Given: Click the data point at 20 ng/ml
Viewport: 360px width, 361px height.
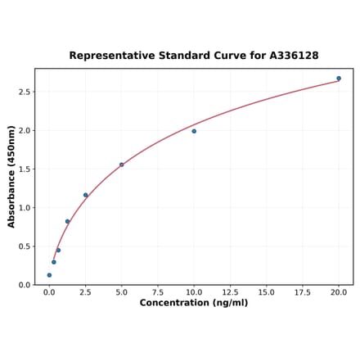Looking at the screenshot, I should (339, 79).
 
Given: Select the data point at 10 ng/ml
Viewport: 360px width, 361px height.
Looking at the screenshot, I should (194, 131).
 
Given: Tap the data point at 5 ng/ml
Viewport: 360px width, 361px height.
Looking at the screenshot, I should (122, 165).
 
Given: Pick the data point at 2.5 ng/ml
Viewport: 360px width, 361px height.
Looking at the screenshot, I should (85, 195).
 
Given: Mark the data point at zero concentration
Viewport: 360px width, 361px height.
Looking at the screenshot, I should (49, 275).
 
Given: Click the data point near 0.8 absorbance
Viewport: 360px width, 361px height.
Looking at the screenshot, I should (67, 221).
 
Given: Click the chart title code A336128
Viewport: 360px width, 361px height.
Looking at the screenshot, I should (291, 56).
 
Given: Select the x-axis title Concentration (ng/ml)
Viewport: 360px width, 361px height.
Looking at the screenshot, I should (194, 303).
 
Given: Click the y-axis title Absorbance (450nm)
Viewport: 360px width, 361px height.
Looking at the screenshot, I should (11, 177).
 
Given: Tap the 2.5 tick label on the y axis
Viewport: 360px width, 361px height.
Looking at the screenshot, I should (25, 92).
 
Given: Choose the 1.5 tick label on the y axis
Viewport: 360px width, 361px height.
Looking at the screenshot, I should (25, 169).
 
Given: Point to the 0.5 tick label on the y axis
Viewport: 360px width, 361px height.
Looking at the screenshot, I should (25, 246).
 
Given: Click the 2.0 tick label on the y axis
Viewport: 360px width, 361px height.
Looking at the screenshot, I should (25, 131).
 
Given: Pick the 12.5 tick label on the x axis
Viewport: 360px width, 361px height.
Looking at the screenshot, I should (230, 291).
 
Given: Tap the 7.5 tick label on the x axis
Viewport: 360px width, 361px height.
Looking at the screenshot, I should (158, 291).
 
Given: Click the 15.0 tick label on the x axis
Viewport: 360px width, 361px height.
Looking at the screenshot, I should (266, 291).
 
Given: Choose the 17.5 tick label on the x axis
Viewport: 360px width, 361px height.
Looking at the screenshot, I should (303, 291).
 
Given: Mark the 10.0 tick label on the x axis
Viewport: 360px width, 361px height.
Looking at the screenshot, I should (194, 291).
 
